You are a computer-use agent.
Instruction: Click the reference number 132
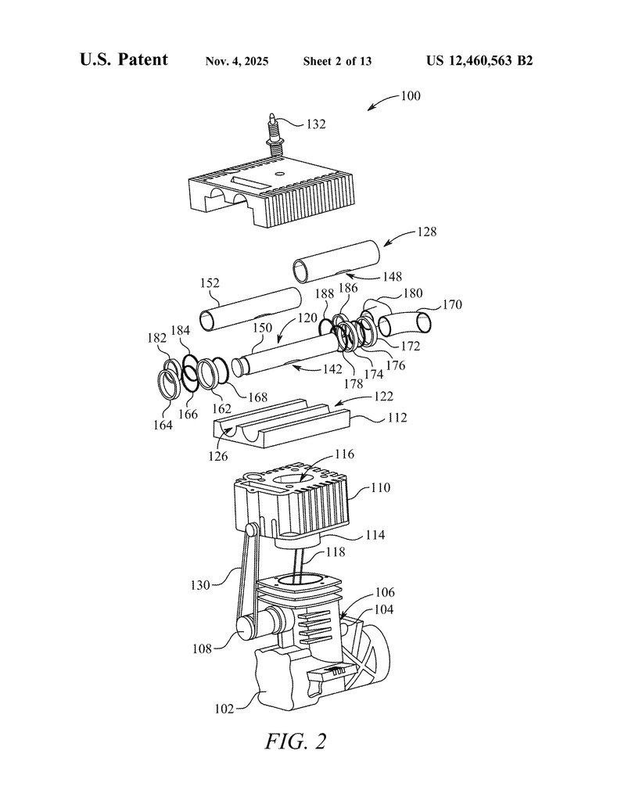pyautogui.click(x=316, y=124)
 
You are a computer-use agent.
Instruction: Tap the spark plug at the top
pyautogui.click(x=275, y=134)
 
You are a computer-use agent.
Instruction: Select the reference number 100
pyautogui.click(x=411, y=96)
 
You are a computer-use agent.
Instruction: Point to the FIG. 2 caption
pyautogui.click(x=295, y=741)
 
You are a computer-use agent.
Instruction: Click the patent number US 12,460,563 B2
pyautogui.click(x=479, y=61)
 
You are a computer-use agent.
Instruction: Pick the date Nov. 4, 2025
pyautogui.click(x=237, y=61)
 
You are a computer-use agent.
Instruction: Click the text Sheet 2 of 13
pyautogui.click(x=337, y=61)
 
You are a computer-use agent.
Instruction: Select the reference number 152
pyautogui.click(x=210, y=283)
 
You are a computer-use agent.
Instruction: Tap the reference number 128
pyautogui.click(x=427, y=232)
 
